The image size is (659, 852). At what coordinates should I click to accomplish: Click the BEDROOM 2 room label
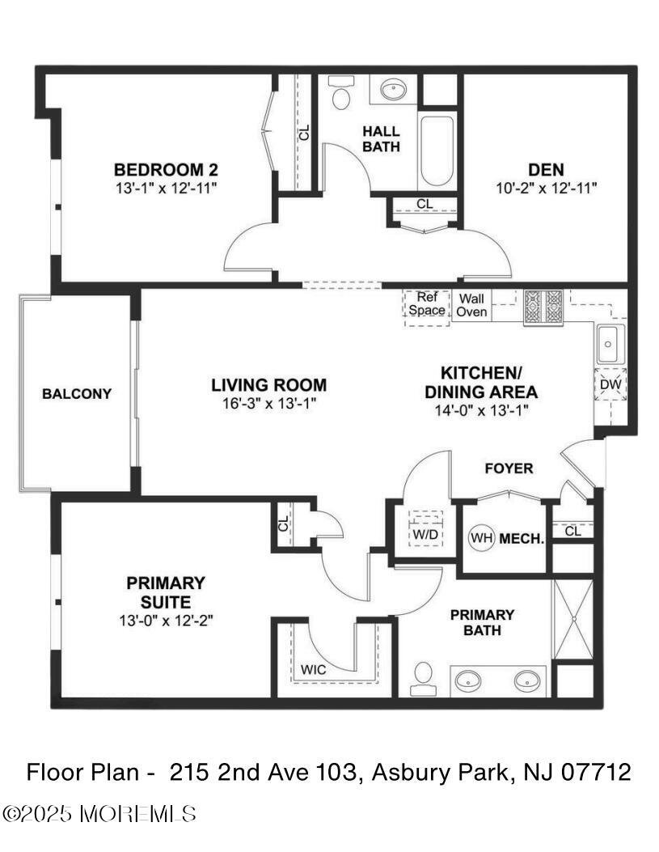[x=166, y=170]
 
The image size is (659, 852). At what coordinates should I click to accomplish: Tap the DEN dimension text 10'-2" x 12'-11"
[x=546, y=188]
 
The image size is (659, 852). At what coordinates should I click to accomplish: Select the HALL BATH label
[x=381, y=138]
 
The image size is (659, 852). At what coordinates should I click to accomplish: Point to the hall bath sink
[x=394, y=88]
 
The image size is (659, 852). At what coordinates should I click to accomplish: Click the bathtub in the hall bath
[x=437, y=150]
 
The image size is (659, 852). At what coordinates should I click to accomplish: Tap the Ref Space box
[x=426, y=304]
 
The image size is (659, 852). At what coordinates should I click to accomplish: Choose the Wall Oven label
[x=472, y=305]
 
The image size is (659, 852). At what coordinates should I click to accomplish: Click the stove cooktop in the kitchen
[x=543, y=307]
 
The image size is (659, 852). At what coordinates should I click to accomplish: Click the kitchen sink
[x=608, y=343]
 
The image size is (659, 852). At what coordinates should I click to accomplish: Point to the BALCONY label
[x=77, y=394]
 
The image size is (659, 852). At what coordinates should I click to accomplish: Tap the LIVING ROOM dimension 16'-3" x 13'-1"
[x=268, y=402]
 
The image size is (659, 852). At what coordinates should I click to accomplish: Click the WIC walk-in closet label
[x=313, y=670]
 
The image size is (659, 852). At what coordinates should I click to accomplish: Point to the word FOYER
[x=509, y=468]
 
